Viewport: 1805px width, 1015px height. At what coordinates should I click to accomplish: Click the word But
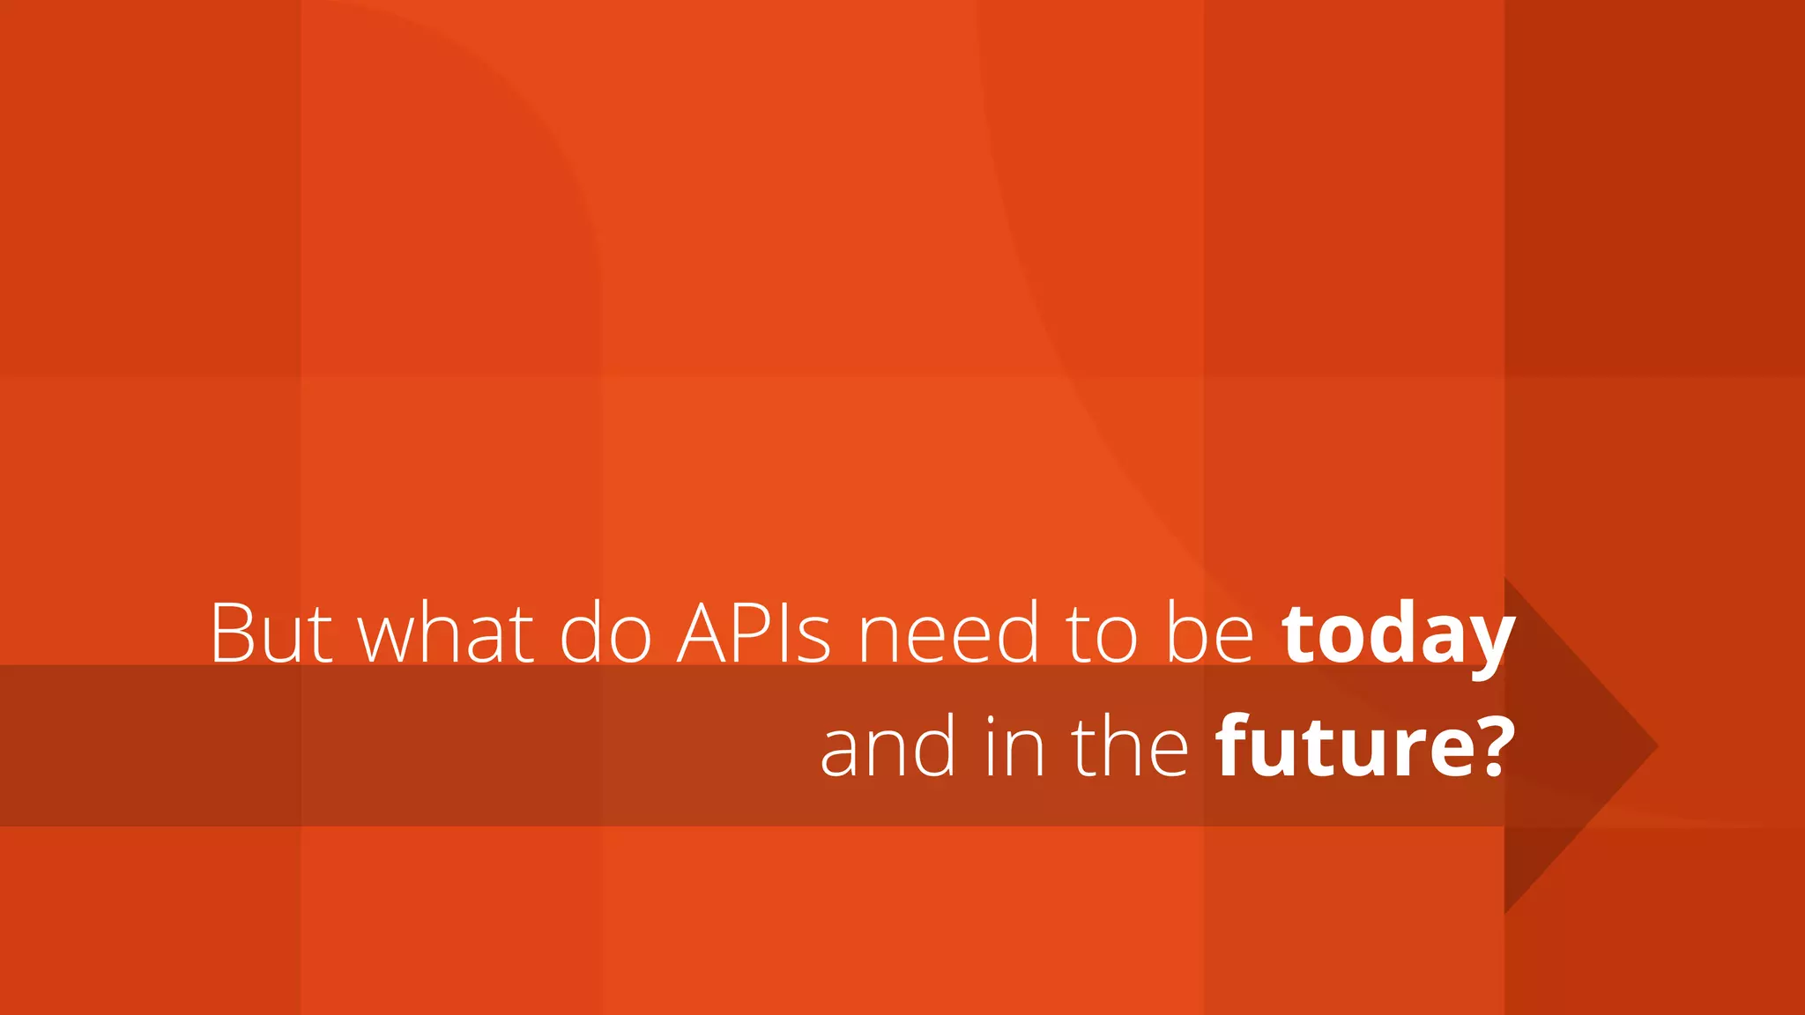point(271,633)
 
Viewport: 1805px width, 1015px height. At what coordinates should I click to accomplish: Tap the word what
point(446,633)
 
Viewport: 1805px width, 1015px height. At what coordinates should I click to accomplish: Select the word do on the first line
point(605,633)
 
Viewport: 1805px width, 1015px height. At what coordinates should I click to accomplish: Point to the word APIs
point(754,633)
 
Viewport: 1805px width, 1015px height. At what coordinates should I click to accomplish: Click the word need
point(948,633)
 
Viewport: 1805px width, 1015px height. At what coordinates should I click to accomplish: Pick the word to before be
point(1102,634)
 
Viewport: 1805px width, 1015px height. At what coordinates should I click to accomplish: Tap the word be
point(1210,633)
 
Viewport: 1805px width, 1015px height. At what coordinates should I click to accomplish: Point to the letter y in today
point(1489,643)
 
